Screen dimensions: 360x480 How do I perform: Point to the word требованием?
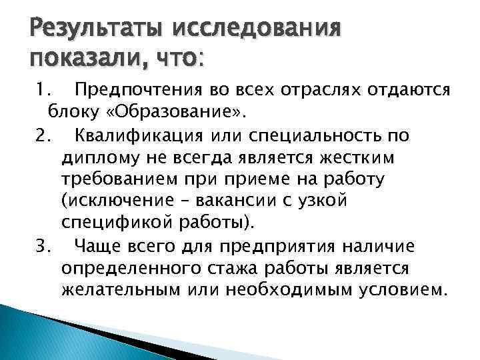114,181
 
